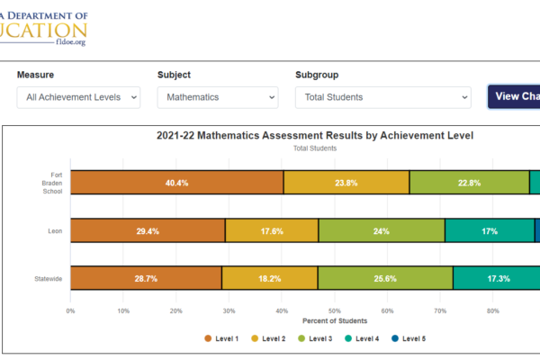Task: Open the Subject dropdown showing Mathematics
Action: pos(218,97)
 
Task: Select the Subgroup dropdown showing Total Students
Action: pos(382,97)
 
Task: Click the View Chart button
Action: pos(515,97)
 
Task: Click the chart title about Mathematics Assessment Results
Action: pos(315,136)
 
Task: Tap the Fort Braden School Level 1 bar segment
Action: pos(176,183)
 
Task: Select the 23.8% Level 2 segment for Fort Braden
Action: pos(346,183)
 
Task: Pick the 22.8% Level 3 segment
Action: pos(469,183)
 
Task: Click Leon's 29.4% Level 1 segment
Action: pos(148,231)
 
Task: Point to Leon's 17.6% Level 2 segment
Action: pos(272,231)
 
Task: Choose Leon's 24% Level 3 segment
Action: pos(382,231)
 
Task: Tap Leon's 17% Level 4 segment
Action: pos(490,231)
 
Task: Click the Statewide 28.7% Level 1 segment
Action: pos(146,279)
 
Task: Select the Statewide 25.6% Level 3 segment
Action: pos(385,279)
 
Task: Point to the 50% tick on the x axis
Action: pos(335,311)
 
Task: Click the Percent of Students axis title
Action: pos(335,321)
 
